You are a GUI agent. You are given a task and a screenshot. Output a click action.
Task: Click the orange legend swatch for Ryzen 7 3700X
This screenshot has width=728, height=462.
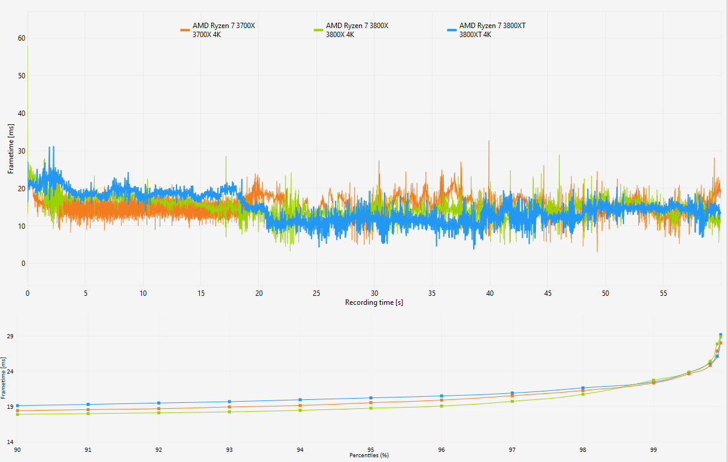pyautogui.click(x=185, y=30)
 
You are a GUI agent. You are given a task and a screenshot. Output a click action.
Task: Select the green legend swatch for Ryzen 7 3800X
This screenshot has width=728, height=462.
pyautogui.click(x=318, y=30)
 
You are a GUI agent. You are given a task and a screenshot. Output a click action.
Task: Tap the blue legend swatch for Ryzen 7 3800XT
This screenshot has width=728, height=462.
pyautogui.click(x=452, y=30)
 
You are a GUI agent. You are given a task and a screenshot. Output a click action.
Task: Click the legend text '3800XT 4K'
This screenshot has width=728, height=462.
pyautogui.click(x=475, y=35)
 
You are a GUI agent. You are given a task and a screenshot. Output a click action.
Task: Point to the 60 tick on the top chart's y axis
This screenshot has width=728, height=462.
pyautogui.click(x=22, y=38)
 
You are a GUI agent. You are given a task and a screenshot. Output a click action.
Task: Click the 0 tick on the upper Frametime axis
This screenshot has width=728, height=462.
pyautogui.click(x=23, y=264)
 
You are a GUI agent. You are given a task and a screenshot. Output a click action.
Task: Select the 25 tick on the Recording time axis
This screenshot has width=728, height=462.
pyautogui.click(x=316, y=293)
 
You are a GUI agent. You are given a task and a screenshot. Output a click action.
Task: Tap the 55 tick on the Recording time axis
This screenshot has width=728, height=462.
pyautogui.click(x=663, y=293)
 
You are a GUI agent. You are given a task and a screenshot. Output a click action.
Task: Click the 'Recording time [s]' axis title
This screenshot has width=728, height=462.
pyautogui.click(x=374, y=302)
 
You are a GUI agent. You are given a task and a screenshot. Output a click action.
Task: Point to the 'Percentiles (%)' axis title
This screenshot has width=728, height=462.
pyautogui.click(x=369, y=455)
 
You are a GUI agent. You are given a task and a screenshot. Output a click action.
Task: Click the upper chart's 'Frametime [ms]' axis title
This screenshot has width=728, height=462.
pyautogui.click(x=11, y=149)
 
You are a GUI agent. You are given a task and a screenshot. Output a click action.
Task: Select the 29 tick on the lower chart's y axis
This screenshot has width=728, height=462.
pyautogui.click(x=10, y=336)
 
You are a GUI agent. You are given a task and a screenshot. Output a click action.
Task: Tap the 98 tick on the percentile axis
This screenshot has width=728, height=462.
pyautogui.click(x=583, y=449)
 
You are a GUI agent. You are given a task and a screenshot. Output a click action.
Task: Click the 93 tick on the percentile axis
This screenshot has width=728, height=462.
pyautogui.click(x=229, y=449)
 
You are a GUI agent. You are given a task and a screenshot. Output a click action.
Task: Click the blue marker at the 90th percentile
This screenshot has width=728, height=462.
pyautogui.click(x=17, y=405)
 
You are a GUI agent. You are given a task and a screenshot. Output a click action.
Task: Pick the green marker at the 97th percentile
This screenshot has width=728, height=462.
pyautogui.click(x=512, y=401)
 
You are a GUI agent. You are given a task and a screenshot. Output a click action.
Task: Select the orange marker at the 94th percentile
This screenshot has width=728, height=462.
pyautogui.click(x=300, y=405)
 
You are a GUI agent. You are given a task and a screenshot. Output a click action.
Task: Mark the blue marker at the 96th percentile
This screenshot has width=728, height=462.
pyautogui.click(x=441, y=396)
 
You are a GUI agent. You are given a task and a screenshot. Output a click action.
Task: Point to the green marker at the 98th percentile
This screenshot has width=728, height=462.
pyautogui.click(x=583, y=394)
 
